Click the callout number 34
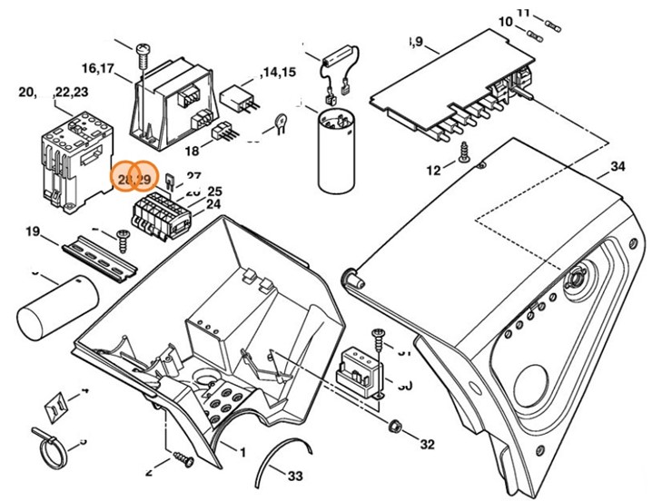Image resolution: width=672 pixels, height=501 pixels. click(x=618, y=167)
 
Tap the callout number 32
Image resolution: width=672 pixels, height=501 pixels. click(x=428, y=445)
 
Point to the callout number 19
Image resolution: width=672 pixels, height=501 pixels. click(x=34, y=232)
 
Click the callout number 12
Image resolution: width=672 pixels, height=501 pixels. click(x=433, y=170)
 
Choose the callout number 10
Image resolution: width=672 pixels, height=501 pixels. click(x=505, y=21)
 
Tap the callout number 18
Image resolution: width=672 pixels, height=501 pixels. click(x=193, y=151)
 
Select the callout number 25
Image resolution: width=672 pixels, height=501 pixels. click(x=214, y=192)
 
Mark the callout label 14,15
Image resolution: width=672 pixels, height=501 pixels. click(x=278, y=72)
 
